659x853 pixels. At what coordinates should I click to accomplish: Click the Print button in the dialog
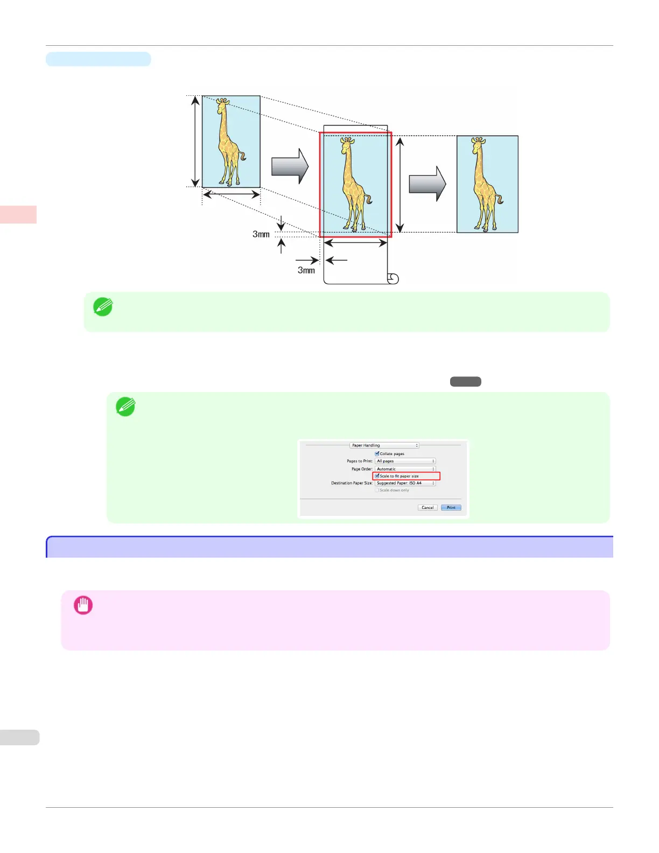click(451, 508)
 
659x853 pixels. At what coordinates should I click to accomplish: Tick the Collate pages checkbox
click(377, 454)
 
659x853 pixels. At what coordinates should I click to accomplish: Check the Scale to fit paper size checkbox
click(377, 476)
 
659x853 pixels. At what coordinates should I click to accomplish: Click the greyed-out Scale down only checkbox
click(377, 490)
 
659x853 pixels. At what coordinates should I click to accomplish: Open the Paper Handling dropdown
click(384, 445)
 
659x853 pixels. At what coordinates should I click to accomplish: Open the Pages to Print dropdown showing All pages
click(405, 462)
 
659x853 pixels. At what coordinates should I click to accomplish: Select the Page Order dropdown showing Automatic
click(405, 469)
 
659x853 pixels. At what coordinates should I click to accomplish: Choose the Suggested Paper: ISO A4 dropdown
click(405, 483)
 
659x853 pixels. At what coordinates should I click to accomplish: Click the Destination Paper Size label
click(352, 483)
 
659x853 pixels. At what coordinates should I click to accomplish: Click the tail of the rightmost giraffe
click(500, 200)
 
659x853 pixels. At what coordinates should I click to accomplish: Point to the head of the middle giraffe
click(348, 143)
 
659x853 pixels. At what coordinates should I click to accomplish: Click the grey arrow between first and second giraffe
click(290, 166)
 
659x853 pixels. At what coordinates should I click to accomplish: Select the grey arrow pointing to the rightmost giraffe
click(427, 184)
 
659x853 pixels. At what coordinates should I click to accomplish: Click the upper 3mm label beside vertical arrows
click(261, 234)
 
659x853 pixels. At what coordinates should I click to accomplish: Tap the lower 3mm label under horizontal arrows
click(306, 270)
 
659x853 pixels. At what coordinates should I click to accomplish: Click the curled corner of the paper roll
click(393, 278)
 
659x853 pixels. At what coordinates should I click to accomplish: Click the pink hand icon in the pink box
click(83, 605)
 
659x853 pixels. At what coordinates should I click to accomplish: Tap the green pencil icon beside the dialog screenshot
click(125, 407)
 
